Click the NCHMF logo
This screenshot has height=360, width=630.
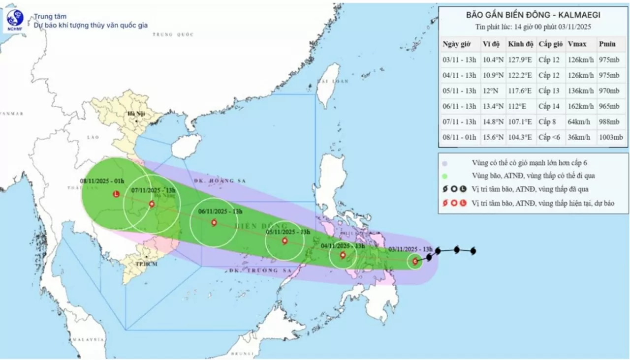pyautogui.click(x=15, y=20)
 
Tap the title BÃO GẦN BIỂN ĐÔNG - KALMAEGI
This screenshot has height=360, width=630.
pyautogui.click(x=533, y=15)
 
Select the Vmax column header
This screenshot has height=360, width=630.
pyautogui.click(x=576, y=44)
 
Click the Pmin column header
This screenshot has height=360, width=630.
pyautogui.click(x=607, y=44)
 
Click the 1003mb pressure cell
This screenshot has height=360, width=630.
pyautogui.click(x=611, y=137)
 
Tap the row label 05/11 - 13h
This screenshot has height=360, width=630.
pyautogui.click(x=459, y=91)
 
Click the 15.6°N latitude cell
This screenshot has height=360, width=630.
pyautogui.click(x=493, y=137)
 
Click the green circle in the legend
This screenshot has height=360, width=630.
pyautogui.click(x=444, y=176)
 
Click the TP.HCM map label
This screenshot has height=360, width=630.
pyautogui.click(x=143, y=264)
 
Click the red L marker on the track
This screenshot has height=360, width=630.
pyautogui.click(x=116, y=194)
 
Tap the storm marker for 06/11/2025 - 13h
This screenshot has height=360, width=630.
pyautogui.click(x=214, y=223)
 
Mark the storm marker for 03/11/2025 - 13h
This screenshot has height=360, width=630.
pyautogui.click(x=415, y=262)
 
